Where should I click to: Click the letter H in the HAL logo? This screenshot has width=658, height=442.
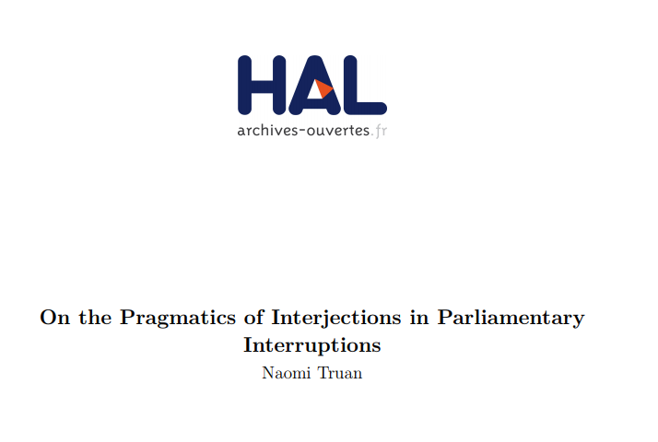point(262,85)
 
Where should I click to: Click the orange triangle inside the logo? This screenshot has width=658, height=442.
point(323,88)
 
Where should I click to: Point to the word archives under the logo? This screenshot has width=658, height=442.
point(267,130)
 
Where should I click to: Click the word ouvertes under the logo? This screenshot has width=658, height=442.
point(338,131)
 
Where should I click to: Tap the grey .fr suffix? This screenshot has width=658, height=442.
point(379,131)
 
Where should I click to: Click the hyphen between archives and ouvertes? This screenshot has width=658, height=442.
point(302,131)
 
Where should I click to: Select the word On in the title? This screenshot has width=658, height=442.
point(55,317)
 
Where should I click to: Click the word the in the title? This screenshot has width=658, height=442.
point(95,317)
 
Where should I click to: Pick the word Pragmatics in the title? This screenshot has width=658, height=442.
point(178,319)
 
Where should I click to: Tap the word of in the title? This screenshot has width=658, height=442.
point(253,317)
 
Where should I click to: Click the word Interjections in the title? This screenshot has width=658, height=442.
point(336,319)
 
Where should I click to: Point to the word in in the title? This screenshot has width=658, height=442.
point(419,317)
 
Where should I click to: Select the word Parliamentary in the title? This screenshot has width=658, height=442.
point(511,319)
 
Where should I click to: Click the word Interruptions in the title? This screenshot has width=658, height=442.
point(312,346)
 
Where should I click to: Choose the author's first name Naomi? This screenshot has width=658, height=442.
point(287,373)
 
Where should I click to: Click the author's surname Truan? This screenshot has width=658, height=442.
point(340,373)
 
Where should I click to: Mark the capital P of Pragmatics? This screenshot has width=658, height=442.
point(128,318)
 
